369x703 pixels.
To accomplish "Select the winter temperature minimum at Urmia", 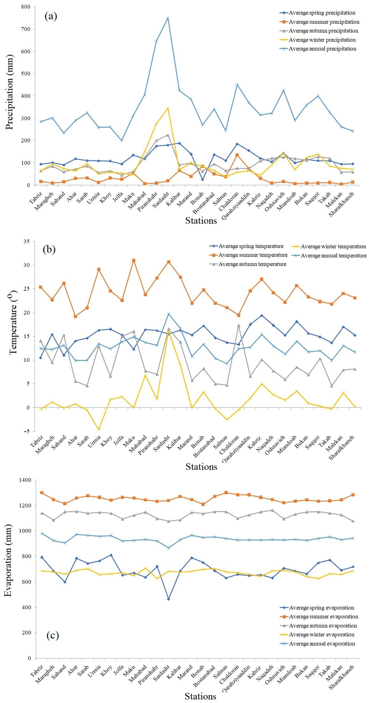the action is coord(99,429).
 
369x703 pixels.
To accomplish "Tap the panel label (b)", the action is coord(49,250).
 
